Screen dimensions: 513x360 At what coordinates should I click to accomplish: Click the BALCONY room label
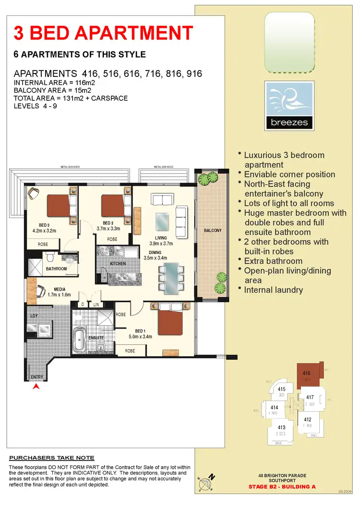tap(213, 231)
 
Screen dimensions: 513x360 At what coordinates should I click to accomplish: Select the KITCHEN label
tap(118, 264)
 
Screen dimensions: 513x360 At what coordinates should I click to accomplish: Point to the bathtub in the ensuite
tap(79, 339)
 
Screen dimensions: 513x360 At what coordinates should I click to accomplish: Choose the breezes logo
tap(289, 106)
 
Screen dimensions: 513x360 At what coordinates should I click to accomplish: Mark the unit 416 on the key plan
tap(307, 375)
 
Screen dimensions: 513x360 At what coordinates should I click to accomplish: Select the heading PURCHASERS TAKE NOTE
tap(52, 458)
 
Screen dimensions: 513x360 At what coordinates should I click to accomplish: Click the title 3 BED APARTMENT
tap(103, 33)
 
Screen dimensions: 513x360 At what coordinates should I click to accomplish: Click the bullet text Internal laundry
tap(273, 290)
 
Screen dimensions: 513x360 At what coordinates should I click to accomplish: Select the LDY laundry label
tap(34, 316)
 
